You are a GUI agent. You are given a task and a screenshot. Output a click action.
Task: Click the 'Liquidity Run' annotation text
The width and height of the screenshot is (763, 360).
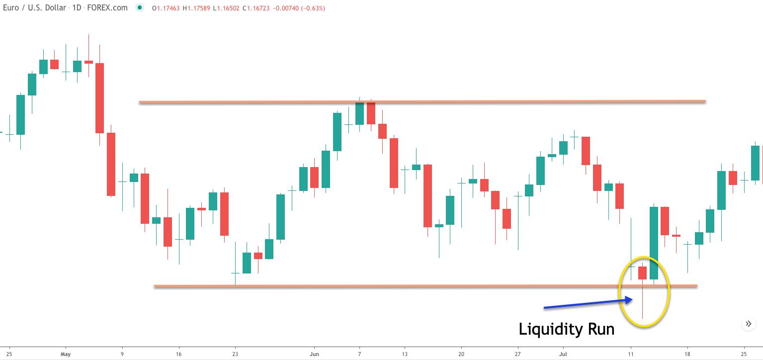[566, 329]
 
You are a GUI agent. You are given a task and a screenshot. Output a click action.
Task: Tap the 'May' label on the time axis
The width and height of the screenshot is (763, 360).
[66, 354]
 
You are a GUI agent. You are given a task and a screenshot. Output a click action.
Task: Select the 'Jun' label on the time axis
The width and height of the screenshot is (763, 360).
[314, 354]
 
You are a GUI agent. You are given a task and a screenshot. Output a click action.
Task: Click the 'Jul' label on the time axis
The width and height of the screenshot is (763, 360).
[563, 354]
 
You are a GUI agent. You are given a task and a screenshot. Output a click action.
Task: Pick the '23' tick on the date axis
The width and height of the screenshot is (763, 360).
[235, 354]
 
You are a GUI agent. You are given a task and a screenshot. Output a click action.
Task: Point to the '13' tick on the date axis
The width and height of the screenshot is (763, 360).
[405, 354]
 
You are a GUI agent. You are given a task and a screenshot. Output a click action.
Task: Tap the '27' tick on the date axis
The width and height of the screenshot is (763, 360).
[518, 354]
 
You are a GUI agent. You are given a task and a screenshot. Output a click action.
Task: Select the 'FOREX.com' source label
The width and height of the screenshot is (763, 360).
[110, 8]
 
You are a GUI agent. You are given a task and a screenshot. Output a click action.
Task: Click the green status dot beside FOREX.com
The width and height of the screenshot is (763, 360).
[140, 8]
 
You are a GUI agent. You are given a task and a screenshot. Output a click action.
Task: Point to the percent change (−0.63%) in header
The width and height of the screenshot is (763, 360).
[312, 8]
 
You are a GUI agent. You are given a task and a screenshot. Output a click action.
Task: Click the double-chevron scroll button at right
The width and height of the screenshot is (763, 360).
[749, 324]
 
